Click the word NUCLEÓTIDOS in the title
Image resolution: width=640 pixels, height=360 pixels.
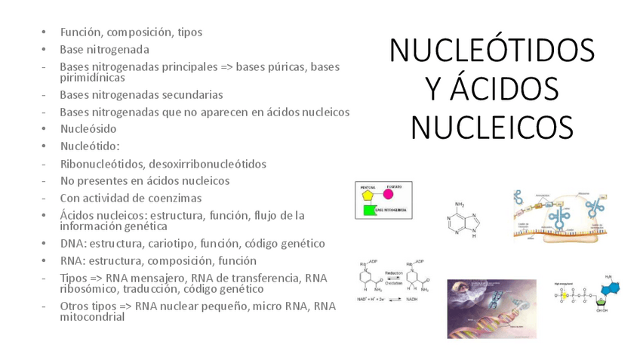click(491, 51)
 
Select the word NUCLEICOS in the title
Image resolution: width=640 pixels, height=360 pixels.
click(491, 127)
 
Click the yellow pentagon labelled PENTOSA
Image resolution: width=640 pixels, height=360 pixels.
click(368, 193)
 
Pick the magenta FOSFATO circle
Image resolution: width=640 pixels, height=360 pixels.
click(389, 194)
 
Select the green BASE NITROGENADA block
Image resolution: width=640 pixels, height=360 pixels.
click(370, 210)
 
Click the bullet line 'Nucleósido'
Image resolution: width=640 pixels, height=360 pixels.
click(88, 129)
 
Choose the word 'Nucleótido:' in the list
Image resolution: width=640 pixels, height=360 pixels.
click(90, 146)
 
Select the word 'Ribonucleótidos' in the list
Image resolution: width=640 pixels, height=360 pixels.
click(103, 164)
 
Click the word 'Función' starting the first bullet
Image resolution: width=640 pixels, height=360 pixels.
click(81, 32)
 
